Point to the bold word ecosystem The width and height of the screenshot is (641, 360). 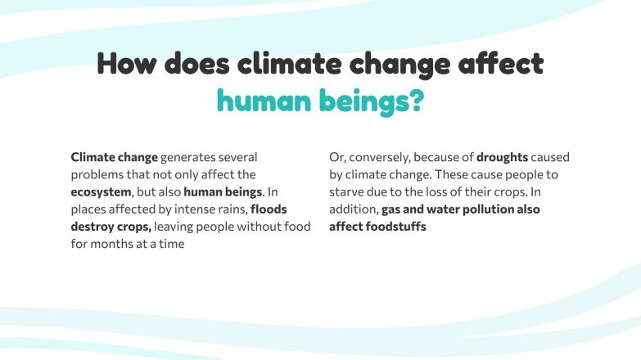click(101, 191)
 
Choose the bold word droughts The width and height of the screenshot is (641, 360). click(502, 156)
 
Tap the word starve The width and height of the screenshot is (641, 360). click(348, 191)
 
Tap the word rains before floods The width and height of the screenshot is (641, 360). click(229, 209)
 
